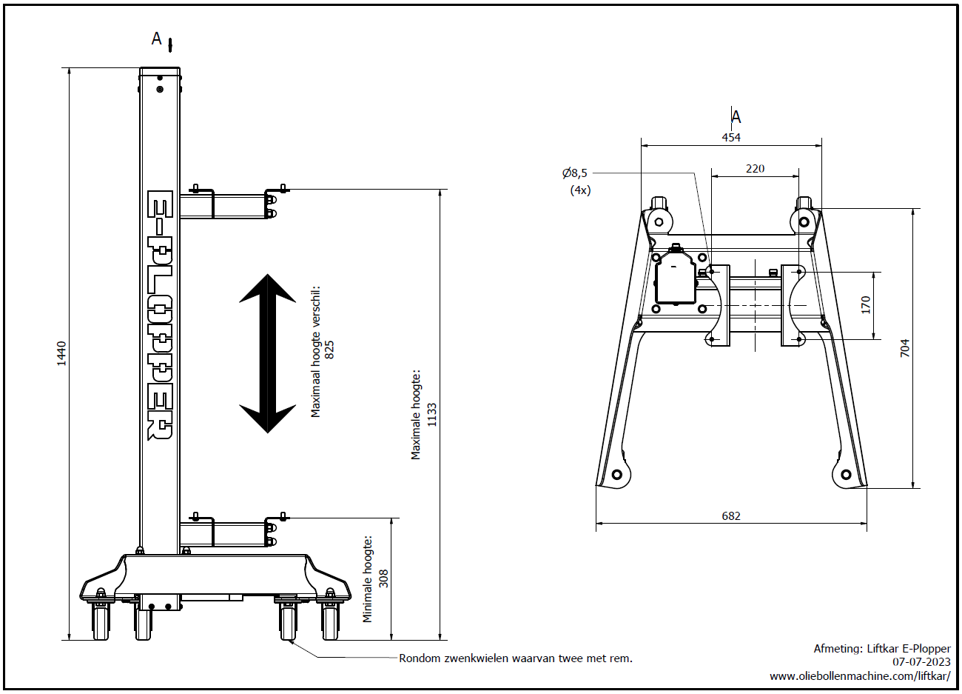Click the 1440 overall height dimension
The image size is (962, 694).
62,353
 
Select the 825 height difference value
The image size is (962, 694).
329,350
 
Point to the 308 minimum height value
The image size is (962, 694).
383,578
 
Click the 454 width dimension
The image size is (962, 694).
731,138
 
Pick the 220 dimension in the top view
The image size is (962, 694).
755,169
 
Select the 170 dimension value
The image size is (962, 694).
866,305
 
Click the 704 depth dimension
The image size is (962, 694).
904,348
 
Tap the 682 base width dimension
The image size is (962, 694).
731,516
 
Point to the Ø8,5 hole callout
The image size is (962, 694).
575,173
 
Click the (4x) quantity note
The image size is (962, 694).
580,190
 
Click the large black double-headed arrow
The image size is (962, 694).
268,353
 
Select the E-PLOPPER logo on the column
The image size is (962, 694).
160,316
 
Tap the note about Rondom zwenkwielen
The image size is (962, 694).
515,658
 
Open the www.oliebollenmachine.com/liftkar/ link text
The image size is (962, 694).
860,675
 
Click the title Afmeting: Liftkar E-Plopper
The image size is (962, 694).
882,648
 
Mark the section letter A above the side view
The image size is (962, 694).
157,39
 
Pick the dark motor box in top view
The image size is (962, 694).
676,279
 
